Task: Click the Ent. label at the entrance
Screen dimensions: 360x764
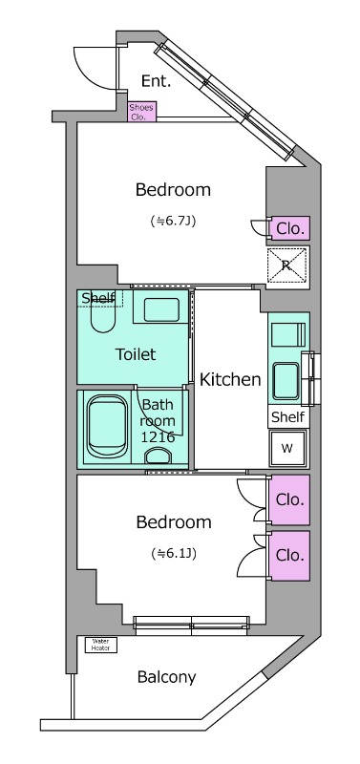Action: [x=156, y=81]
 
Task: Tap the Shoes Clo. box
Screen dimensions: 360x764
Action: [x=141, y=112]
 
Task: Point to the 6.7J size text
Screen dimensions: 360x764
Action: [x=173, y=221]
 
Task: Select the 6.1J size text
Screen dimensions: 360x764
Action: [x=174, y=554]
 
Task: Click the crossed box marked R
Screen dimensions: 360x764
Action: [x=287, y=265]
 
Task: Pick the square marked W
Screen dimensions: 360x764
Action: [x=287, y=448]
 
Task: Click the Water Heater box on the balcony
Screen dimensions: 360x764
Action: [x=101, y=646]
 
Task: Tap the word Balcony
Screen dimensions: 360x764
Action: [x=166, y=677]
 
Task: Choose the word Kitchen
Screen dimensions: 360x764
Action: [x=230, y=379]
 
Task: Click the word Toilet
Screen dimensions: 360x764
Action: [x=136, y=353]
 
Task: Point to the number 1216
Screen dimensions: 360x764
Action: [x=158, y=437]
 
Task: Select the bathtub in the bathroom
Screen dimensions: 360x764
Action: [x=107, y=426]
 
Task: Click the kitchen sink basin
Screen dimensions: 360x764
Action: [x=286, y=381]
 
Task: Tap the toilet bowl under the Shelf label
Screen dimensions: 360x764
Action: [x=103, y=317]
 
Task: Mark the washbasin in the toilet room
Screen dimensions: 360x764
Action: [x=161, y=309]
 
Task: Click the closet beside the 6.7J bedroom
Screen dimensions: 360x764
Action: [x=290, y=228]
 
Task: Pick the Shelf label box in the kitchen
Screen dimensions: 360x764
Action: [x=288, y=416]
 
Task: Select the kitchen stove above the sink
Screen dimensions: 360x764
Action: [x=287, y=335]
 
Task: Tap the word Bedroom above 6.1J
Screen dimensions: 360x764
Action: [x=174, y=521]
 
